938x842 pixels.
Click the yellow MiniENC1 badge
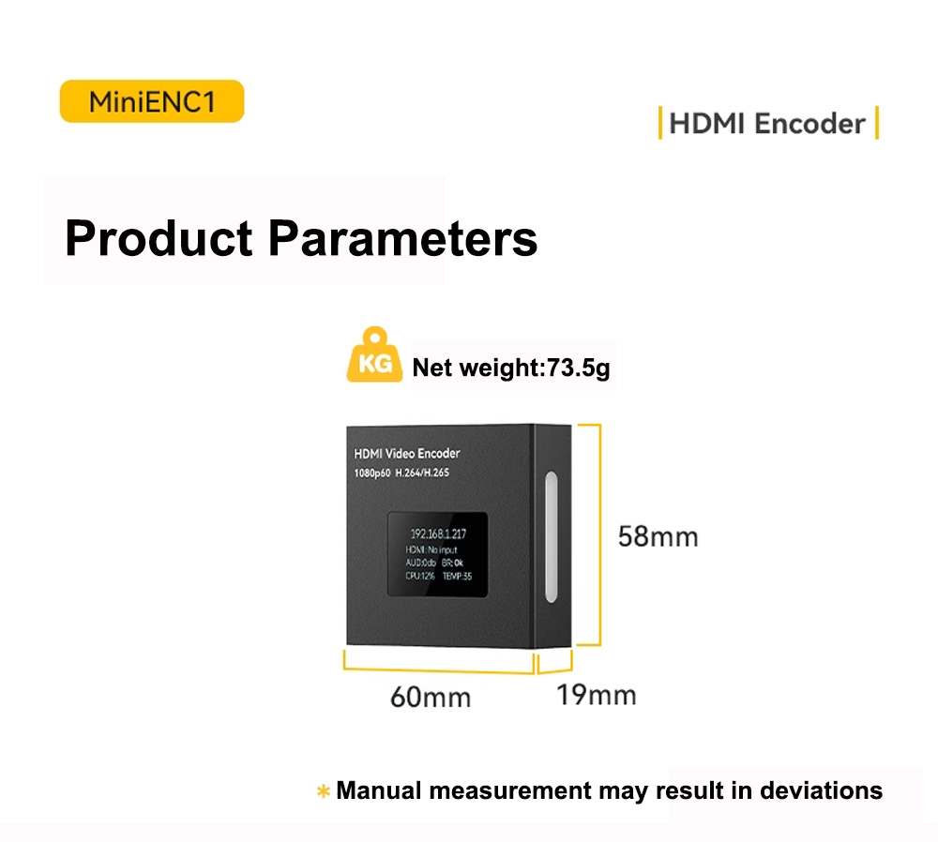point(152,101)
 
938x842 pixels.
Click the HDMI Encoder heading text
point(767,124)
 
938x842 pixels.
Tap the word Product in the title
point(159,238)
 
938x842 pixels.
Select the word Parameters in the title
point(402,238)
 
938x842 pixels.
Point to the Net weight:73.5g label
point(511,368)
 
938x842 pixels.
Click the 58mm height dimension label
point(658,536)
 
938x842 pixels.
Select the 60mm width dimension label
point(431,698)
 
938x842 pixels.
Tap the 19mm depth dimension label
point(597,695)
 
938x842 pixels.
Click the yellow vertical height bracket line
point(599,535)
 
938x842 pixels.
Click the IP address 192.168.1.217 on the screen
point(438,534)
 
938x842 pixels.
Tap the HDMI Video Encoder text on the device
point(407,453)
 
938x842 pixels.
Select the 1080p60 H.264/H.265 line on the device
point(401,473)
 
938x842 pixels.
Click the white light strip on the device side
point(551,536)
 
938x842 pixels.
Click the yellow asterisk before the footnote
point(323,791)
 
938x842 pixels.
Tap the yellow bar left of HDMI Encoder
point(659,123)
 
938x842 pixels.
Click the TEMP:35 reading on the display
point(457,576)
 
